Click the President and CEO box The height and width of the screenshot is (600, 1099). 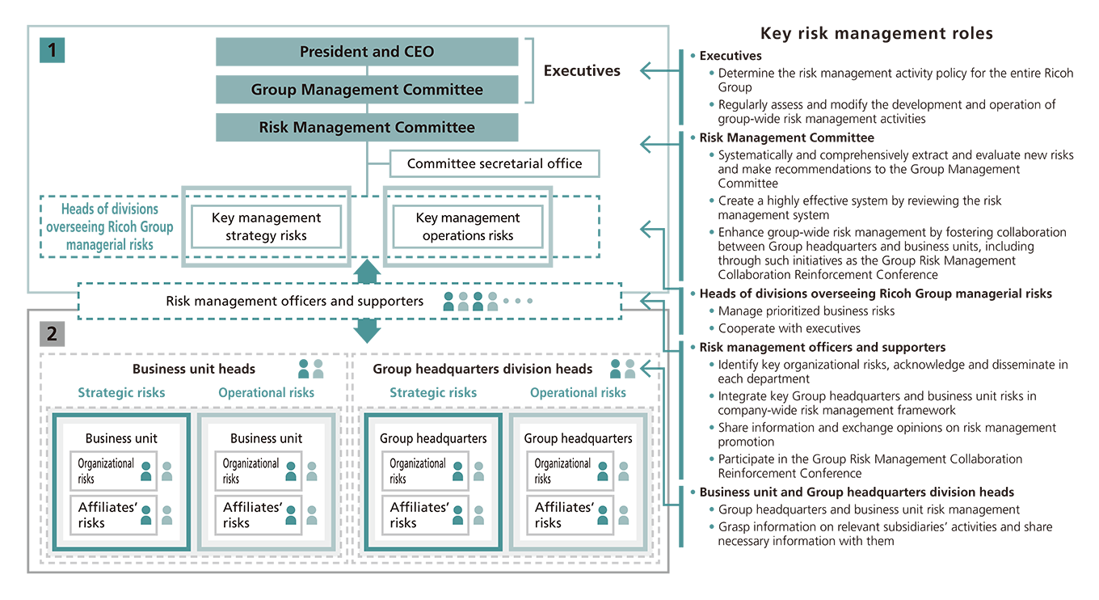pos(367,52)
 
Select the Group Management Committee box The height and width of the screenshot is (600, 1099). pos(367,90)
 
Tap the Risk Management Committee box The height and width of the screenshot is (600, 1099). pos(367,127)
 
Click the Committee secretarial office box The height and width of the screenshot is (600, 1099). pos(495,163)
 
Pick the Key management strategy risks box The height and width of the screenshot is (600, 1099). pos(266,226)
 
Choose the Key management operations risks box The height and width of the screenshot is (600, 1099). pos(468,226)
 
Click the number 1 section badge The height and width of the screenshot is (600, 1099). pos(52,50)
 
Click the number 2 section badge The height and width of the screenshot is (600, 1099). pos(52,333)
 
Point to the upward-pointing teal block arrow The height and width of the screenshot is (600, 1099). pos(367,272)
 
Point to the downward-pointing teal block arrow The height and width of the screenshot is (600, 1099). pos(367,329)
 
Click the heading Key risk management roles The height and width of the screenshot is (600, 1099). pos(876,33)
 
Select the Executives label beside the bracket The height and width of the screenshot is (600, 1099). pos(582,70)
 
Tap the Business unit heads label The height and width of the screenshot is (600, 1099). pos(194,369)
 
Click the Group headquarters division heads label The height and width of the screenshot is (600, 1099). pos(482,369)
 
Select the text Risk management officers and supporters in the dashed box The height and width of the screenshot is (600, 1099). pos(294,301)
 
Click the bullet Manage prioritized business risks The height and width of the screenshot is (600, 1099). pos(806,311)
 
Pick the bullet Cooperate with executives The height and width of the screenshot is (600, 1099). pos(789,328)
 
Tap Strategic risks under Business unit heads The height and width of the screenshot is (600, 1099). pos(121,392)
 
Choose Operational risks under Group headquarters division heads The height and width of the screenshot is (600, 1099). pos(578,392)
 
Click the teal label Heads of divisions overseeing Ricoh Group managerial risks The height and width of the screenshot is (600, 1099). pos(110,226)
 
